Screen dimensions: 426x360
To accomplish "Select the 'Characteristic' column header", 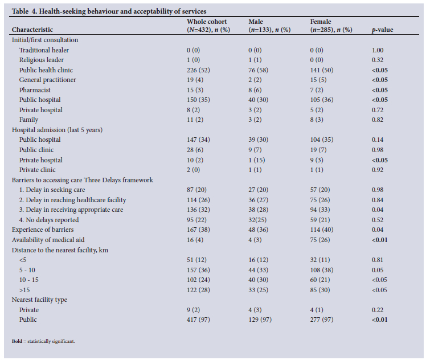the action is click(x=32, y=30).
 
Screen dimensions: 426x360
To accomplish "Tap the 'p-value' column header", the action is click(x=382, y=30).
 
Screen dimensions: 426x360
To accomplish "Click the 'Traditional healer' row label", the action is click(x=44, y=50).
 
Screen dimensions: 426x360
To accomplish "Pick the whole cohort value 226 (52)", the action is click(x=198, y=70).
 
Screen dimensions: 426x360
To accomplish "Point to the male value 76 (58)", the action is click(x=258, y=70).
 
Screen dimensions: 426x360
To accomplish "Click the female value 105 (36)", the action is click(x=322, y=100).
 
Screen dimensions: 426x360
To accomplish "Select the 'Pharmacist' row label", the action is click(x=35, y=90).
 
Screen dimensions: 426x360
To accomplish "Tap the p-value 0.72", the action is click(x=378, y=110).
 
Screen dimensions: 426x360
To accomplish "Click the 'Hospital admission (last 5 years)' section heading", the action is click(x=57, y=130).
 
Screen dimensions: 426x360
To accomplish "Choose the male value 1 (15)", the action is click(x=256, y=160).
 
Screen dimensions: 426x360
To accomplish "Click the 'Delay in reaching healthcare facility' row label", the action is click(x=76, y=200).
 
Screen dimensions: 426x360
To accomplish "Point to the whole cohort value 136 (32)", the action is click(x=198, y=210).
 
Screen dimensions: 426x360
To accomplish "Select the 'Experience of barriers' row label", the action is click(x=43, y=230).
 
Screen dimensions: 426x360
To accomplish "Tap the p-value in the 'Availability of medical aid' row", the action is click(x=379, y=240).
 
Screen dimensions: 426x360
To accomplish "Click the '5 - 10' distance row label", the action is click(x=27, y=270).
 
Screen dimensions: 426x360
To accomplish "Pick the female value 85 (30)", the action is click(x=320, y=290).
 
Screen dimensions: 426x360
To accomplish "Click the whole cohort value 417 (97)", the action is click(x=198, y=320).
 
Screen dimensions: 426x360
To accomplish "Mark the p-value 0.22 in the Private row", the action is click(x=378, y=310).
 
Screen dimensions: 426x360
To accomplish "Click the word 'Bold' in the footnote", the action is click(x=17, y=341).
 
